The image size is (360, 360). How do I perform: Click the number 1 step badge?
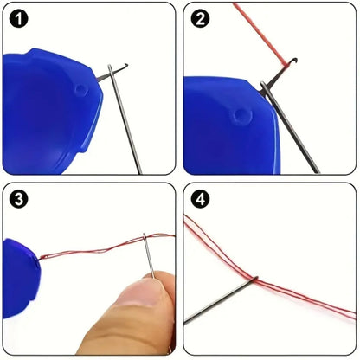(x=19, y=19)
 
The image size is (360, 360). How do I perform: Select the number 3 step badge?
(x=19, y=200)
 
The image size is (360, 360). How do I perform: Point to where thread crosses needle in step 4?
(x=253, y=278)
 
